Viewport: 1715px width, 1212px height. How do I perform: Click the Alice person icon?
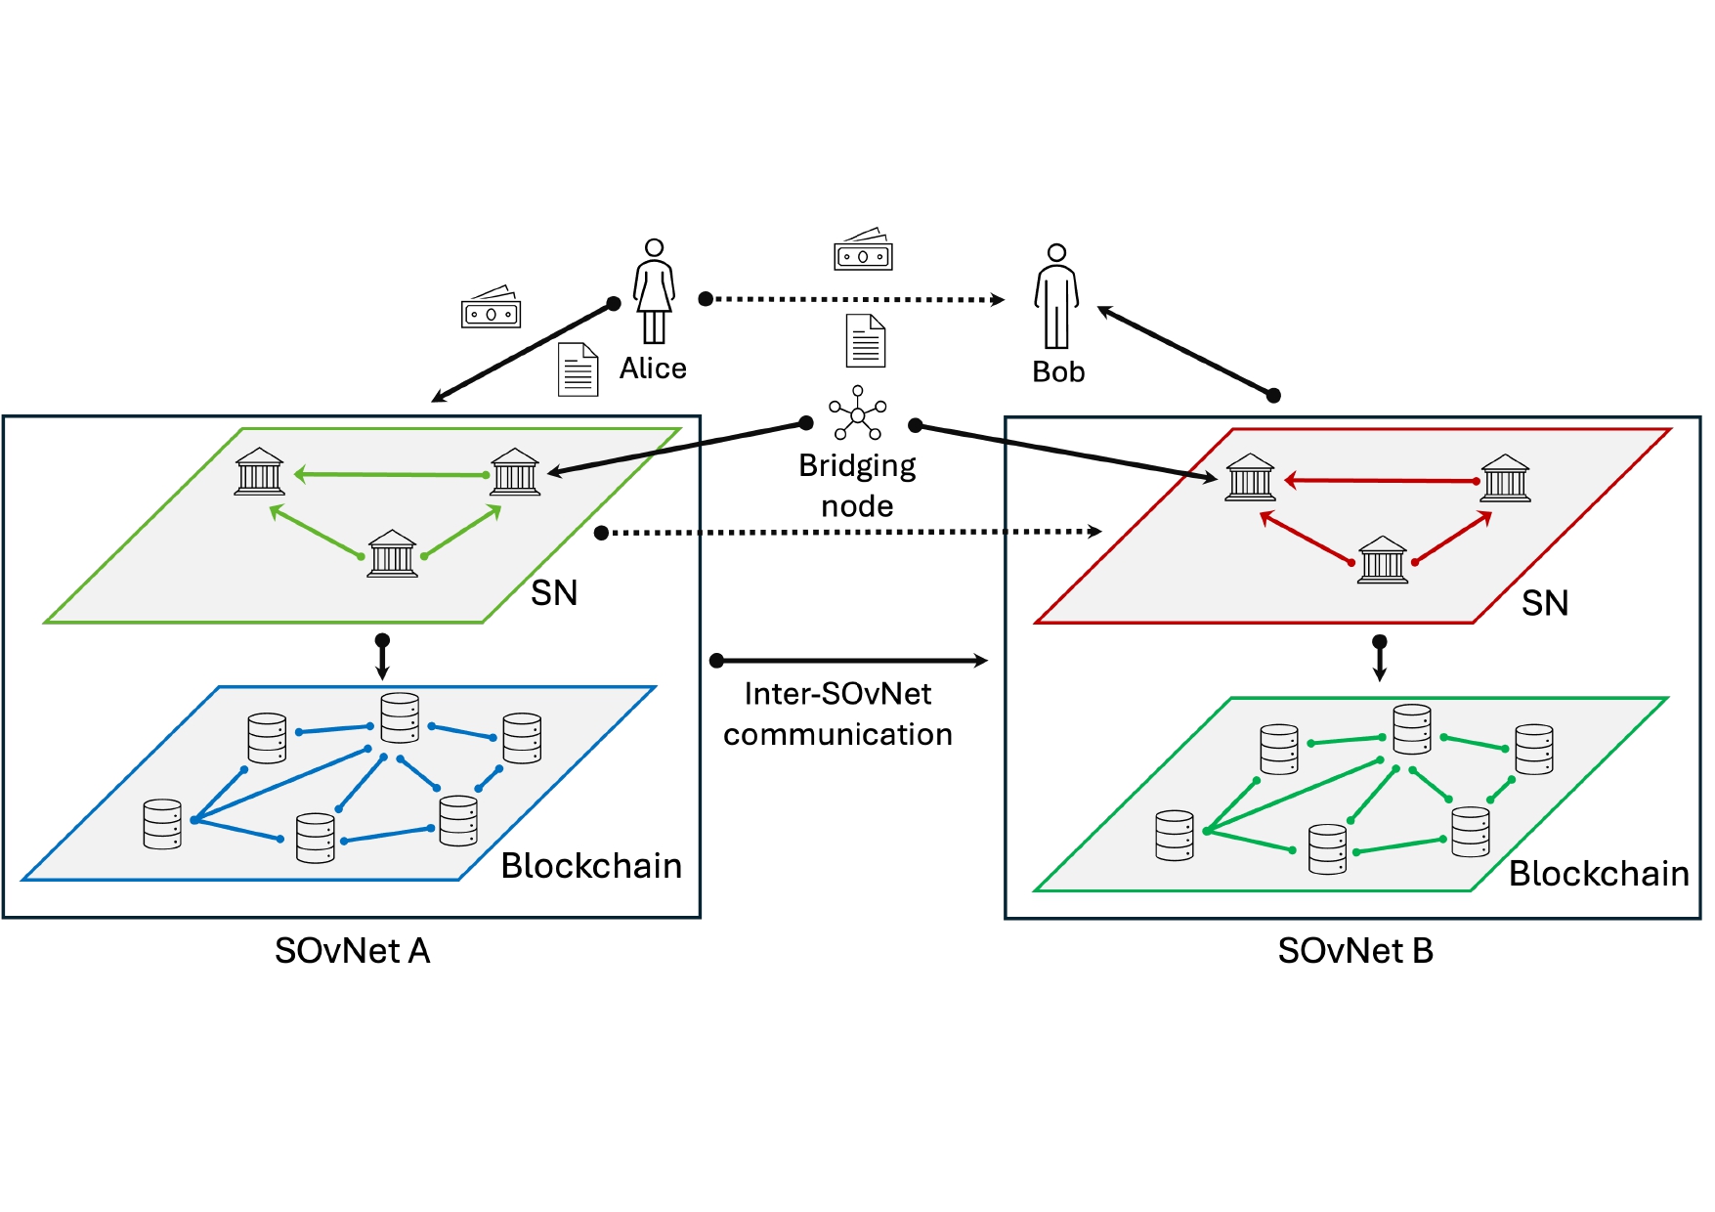pyautogui.click(x=654, y=290)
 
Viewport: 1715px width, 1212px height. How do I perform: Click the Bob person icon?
pyautogui.click(x=1056, y=296)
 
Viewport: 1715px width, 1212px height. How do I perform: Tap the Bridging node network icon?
pyautogui.click(x=857, y=413)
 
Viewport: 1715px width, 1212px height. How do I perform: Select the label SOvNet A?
pyautogui.click(x=352, y=951)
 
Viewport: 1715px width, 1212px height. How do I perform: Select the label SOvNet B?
pyautogui.click(x=1355, y=951)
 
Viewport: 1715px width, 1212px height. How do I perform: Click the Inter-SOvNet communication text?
pyautogui.click(x=837, y=714)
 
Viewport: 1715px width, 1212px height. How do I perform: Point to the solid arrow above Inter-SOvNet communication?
pyautogui.click(x=850, y=661)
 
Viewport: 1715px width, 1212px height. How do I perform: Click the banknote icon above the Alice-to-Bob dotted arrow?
pyautogui.click(x=863, y=250)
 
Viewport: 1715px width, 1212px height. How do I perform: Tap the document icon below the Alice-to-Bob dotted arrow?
pyautogui.click(x=865, y=341)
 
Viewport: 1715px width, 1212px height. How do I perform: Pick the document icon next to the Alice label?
pyautogui.click(x=578, y=369)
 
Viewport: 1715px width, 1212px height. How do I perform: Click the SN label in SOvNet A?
pyautogui.click(x=554, y=593)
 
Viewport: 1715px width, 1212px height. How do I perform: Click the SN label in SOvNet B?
pyautogui.click(x=1544, y=603)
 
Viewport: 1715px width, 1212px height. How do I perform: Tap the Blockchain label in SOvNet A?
pyautogui.click(x=591, y=866)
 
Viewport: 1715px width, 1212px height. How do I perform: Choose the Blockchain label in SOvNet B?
pyautogui.click(x=1599, y=874)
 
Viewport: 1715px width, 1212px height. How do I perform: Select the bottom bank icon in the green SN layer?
pyautogui.click(x=392, y=554)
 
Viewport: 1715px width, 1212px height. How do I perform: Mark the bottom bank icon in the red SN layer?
pyautogui.click(x=1383, y=560)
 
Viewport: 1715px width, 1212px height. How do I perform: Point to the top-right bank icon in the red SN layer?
pyautogui.click(x=1505, y=478)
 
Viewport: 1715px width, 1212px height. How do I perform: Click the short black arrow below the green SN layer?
pyautogui.click(x=382, y=657)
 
